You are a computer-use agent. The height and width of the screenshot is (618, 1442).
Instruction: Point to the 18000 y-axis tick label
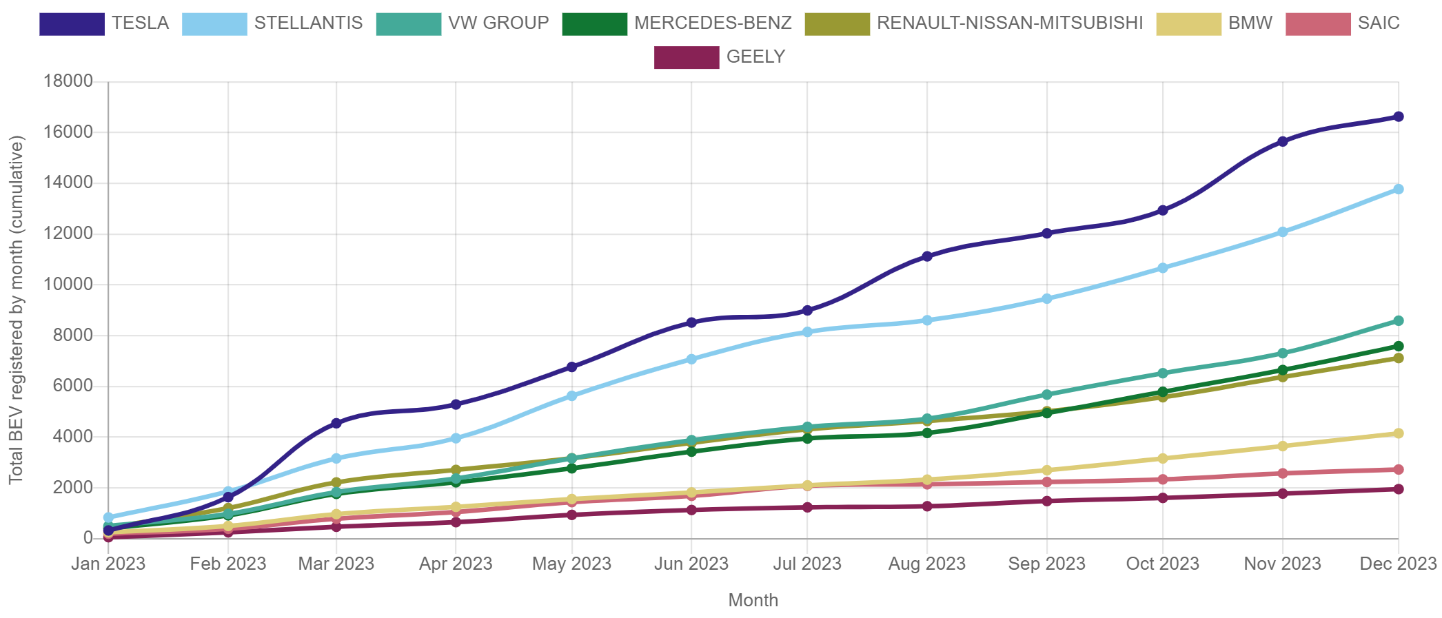tap(68, 81)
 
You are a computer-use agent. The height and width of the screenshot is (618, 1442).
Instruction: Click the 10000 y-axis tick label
tap(68, 284)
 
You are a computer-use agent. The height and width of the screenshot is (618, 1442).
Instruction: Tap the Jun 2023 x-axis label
tap(691, 564)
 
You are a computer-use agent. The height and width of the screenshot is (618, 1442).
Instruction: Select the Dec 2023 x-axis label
tap(1398, 564)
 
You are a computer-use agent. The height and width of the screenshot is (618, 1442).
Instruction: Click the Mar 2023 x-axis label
tap(336, 564)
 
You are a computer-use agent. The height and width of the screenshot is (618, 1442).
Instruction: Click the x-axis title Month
tap(753, 601)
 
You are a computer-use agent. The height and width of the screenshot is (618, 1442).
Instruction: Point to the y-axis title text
tap(17, 310)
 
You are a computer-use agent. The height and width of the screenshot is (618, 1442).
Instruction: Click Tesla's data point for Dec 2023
tap(1399, 117)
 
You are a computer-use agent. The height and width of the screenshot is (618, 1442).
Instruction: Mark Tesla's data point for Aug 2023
tap(927, 256)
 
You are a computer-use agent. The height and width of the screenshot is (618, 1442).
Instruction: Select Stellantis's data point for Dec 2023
tap(1399, 189)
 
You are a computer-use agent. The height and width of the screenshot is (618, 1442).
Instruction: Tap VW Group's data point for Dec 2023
tap(1399, 321)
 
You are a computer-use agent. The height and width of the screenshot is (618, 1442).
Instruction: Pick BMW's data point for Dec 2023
tap(1399, 433)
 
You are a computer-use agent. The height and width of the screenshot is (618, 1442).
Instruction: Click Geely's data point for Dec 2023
tap(1399, 489)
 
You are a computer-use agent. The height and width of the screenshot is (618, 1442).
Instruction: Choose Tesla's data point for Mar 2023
tap(336, 423)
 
